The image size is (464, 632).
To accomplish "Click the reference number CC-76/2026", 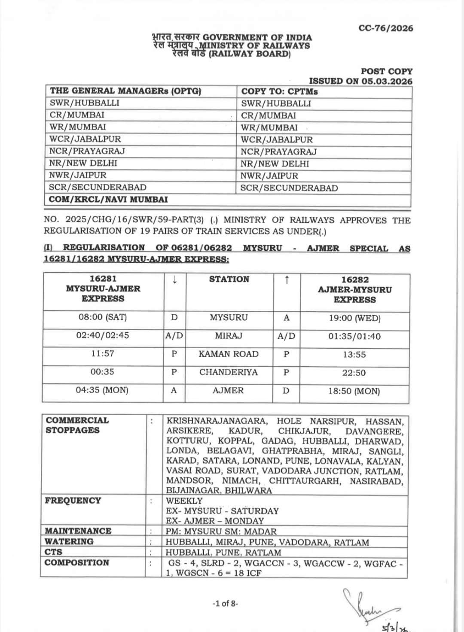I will point(386,28).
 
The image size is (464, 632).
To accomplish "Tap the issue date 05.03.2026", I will point(387,81).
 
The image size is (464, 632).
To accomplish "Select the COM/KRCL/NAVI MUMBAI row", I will point(108,199).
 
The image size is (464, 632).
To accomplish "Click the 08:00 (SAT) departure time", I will point(103,317).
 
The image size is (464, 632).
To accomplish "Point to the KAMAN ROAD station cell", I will point(229,354).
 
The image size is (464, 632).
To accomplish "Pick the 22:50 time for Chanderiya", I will point(354,373).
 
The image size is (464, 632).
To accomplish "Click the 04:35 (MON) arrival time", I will point(102,390).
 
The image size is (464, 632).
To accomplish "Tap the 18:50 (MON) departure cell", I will point(354,391).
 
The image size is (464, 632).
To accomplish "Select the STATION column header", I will point(229,279).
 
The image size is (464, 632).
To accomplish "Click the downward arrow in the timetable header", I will point(174,280).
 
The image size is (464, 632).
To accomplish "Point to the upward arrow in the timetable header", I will point(287,280).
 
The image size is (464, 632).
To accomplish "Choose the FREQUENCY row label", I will point(73,501).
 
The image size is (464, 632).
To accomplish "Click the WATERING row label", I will point(69,541).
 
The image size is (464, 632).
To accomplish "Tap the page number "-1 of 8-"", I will point(226,603).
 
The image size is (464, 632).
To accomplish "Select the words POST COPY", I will point(387,71).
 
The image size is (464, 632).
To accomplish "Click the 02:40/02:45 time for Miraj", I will point(103,335).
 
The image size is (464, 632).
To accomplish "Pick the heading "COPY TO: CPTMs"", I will point(279,91).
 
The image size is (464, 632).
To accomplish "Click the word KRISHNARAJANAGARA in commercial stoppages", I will point(217,421).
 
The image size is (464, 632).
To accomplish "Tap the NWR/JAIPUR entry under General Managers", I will point(78,175).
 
